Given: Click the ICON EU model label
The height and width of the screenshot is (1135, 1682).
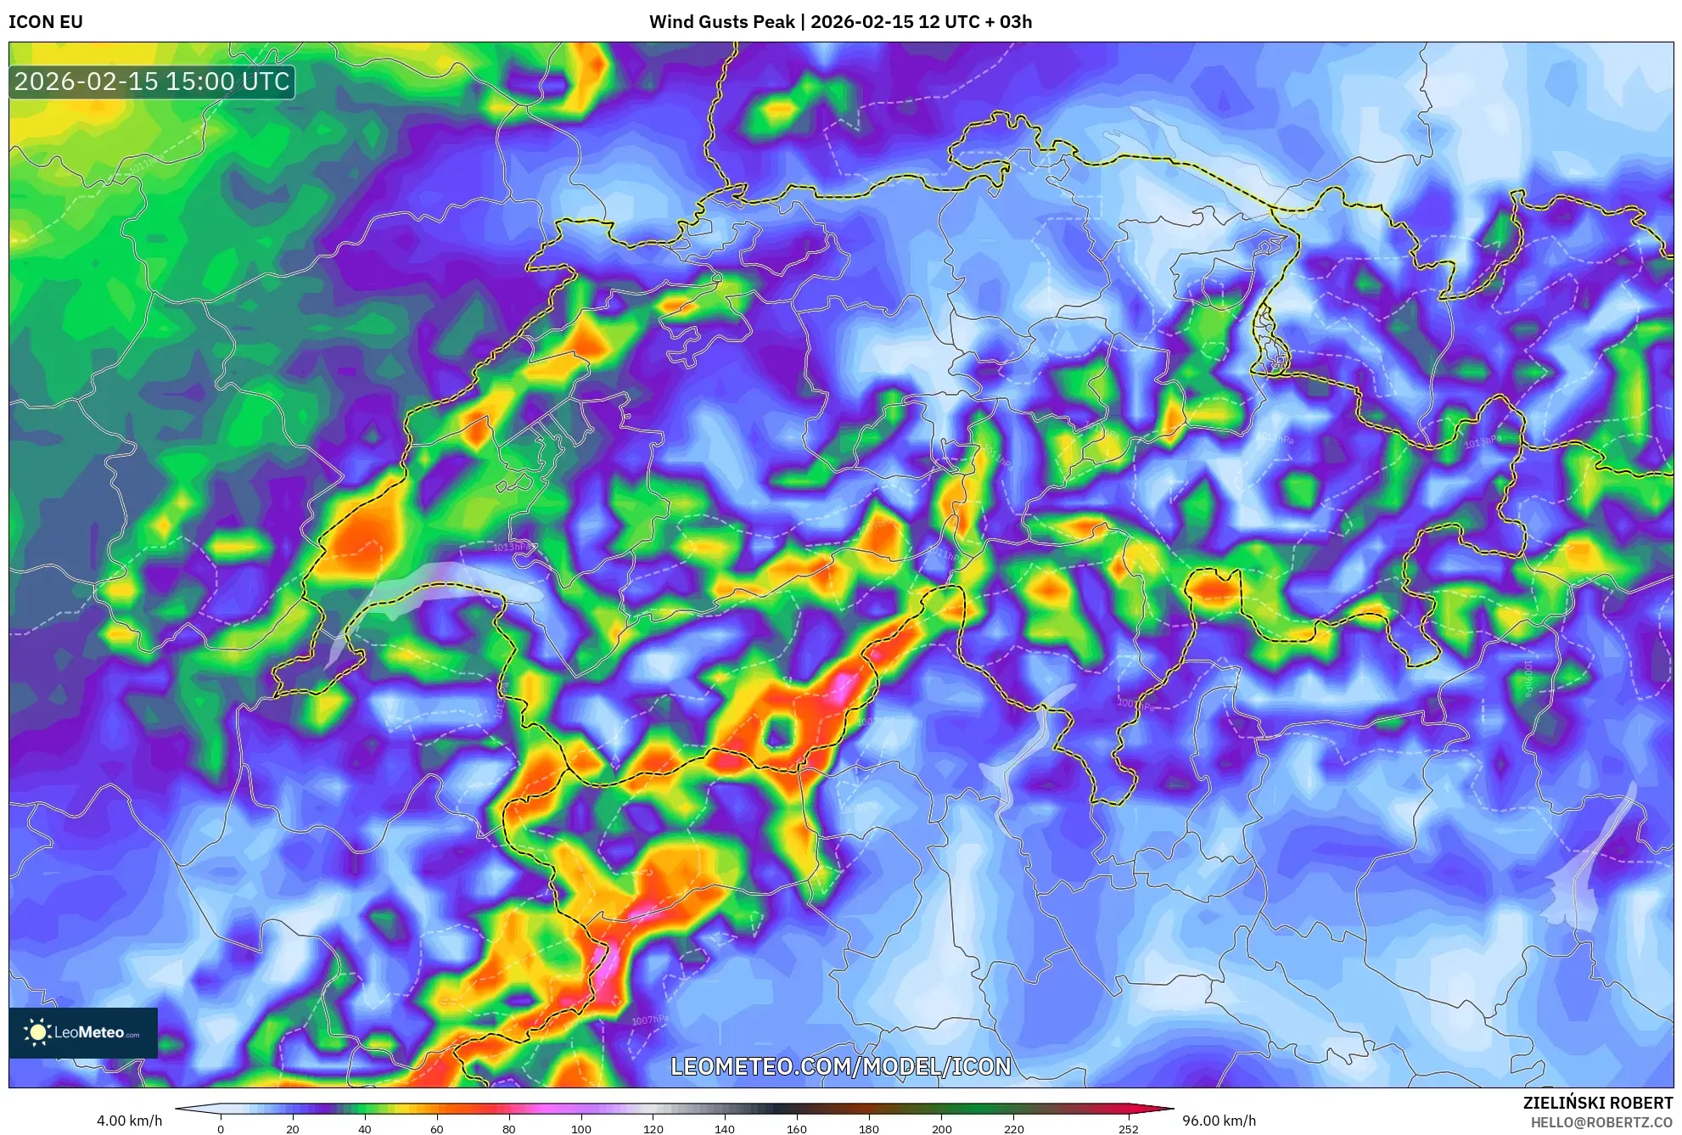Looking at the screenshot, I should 46,22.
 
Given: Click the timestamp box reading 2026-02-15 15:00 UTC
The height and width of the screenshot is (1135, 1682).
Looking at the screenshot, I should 152,81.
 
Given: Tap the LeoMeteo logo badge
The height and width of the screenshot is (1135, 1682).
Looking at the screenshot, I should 83,1032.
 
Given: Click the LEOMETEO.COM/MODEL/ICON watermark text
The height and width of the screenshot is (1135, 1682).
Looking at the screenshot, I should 840,1066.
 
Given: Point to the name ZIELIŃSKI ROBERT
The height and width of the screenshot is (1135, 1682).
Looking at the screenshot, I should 1597,1103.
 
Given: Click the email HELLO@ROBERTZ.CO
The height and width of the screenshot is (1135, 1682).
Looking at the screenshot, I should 1601,1122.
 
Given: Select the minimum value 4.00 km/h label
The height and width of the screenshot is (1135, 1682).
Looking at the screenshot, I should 129,1121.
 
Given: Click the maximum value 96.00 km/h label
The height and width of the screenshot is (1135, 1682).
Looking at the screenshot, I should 1219,1121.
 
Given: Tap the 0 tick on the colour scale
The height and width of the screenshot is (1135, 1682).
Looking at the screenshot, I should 221,1129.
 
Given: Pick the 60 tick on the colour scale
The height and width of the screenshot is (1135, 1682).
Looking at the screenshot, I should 436,1129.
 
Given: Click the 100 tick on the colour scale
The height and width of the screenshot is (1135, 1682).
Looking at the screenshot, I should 580,1129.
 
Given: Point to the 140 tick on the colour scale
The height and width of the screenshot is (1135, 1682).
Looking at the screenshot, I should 724,1129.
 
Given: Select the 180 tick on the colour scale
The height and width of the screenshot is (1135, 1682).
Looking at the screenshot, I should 868,1129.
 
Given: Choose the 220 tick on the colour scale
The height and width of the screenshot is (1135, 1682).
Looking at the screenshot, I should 1013,1129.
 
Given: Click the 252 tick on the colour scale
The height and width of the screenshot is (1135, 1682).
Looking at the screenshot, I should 1128,1129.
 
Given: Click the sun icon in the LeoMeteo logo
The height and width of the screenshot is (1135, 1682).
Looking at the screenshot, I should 37,1032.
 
